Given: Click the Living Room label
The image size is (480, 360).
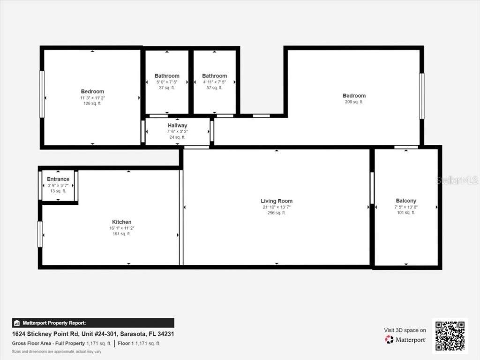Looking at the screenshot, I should click(x=277, y=201).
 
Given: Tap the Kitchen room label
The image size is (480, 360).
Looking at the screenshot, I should click(x=121, y=222).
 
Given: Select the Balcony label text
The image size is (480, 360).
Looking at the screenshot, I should click(x=406, y=201).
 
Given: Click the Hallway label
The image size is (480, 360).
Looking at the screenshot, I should click(x=177, y=125).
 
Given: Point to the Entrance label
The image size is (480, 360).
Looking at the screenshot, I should click(x=58, y=179).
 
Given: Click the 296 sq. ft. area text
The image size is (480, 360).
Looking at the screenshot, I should click(x=277, y=213).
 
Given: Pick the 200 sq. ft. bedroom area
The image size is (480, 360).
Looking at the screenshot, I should click(x=354, y=102).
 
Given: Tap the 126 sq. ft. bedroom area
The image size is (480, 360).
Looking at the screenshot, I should click(x=92, y=104).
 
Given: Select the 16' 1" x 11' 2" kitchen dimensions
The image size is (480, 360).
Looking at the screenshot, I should click(x=121, y=228).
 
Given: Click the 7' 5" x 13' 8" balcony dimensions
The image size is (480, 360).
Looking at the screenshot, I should click(x=406, y=207).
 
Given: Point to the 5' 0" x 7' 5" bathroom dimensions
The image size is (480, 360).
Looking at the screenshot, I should click(x=167, y=82).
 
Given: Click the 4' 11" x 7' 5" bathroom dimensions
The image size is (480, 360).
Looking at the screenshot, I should click(x=214, y=82).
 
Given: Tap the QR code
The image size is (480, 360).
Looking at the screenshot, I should click(x=450, y=336).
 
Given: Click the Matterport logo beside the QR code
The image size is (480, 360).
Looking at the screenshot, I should click(x=405, y=339).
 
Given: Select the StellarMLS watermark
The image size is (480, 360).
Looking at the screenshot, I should click(x=457, y=180).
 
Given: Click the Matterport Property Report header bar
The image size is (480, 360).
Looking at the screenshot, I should click(x=93, y=323).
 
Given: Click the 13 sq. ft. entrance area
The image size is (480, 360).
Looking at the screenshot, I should click(x=58, y=191).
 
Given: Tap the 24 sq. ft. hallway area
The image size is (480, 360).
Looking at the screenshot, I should click(x=177, y=137).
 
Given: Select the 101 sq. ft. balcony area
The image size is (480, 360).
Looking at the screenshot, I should click(x=406, y=213).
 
